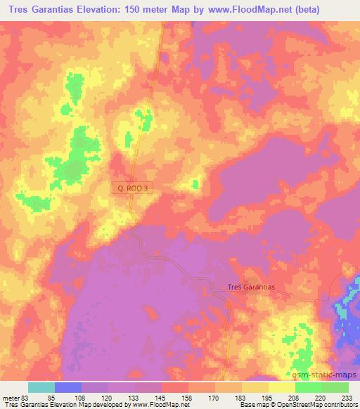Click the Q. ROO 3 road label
point(131,188)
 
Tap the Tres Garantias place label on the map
point(251,287)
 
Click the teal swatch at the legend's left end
point(41,387)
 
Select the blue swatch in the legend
point(68,387)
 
